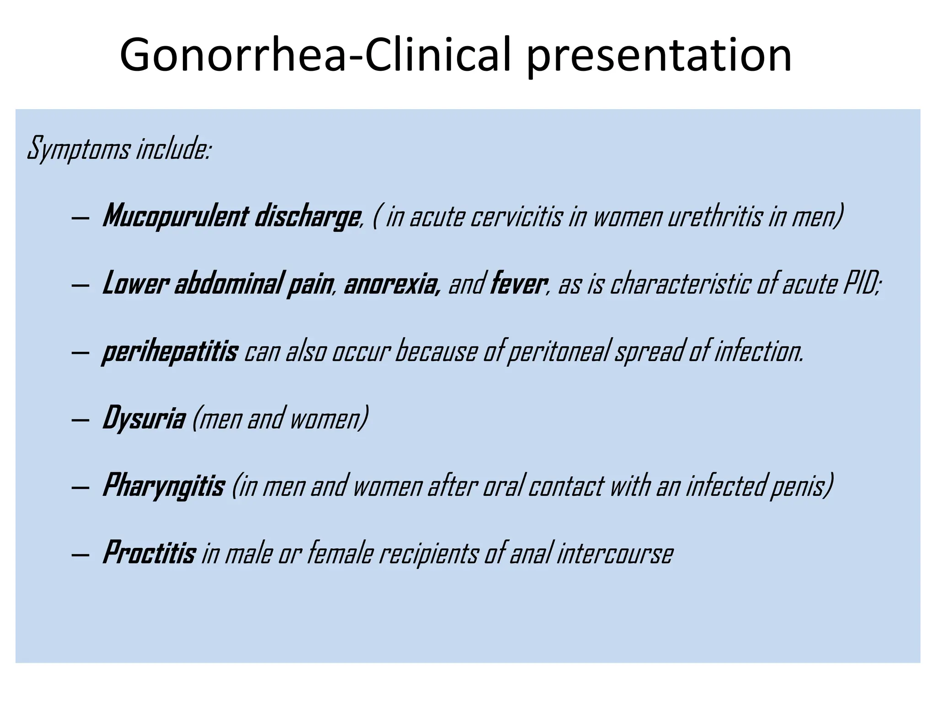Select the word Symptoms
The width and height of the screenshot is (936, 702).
79,149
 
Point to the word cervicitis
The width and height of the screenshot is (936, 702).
516,216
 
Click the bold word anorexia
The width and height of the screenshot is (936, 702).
392,284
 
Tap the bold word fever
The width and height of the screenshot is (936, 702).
518,284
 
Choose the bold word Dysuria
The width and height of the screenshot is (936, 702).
144,418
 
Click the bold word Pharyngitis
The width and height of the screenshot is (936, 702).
163,486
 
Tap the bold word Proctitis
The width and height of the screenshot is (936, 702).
149,553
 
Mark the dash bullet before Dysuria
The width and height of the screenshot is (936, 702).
80,420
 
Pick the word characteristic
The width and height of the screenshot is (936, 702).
680,284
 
